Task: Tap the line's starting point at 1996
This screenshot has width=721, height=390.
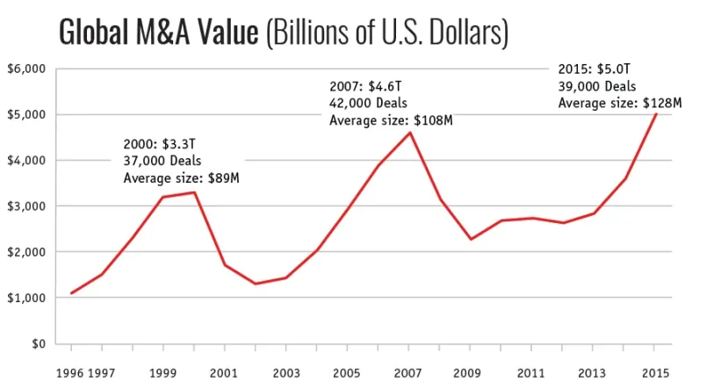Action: pos(71,293)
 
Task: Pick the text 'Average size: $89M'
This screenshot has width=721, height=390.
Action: pos(181,177)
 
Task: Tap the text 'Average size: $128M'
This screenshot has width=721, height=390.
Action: pos(619,103)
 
